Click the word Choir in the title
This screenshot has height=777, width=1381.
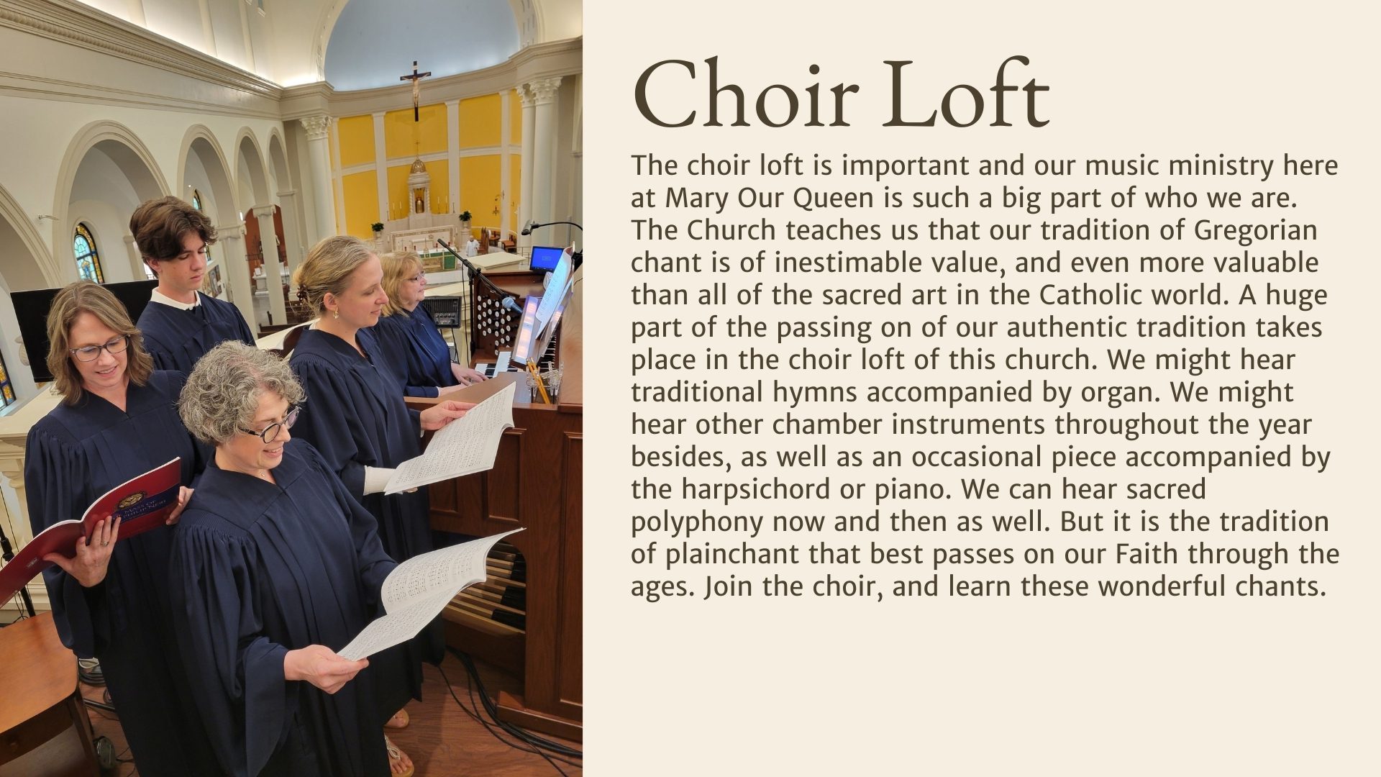coord(746,94)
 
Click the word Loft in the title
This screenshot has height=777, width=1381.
coord(967,93)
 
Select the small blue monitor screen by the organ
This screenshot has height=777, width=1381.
coord(546,258)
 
